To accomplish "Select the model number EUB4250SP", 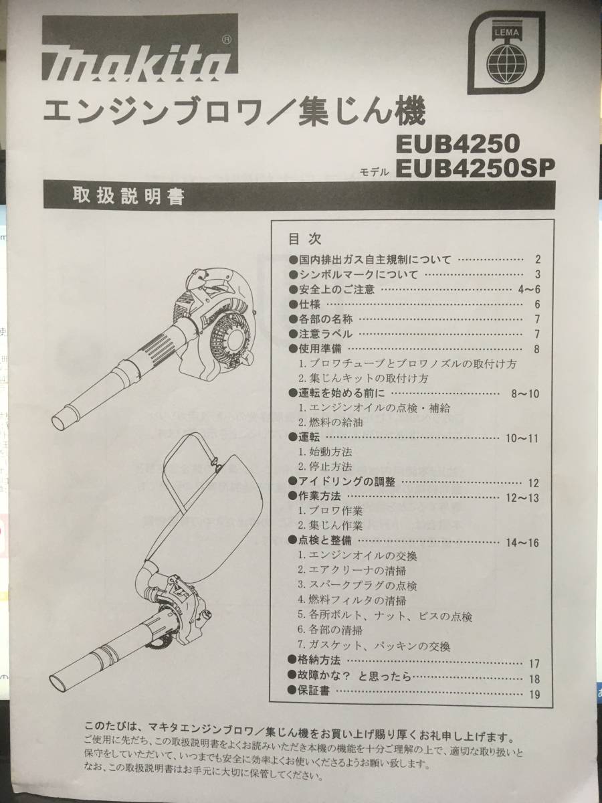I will [x=476, y=167].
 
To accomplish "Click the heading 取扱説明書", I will [x=129, y=198].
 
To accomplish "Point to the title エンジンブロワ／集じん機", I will [x=233, y=112].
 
